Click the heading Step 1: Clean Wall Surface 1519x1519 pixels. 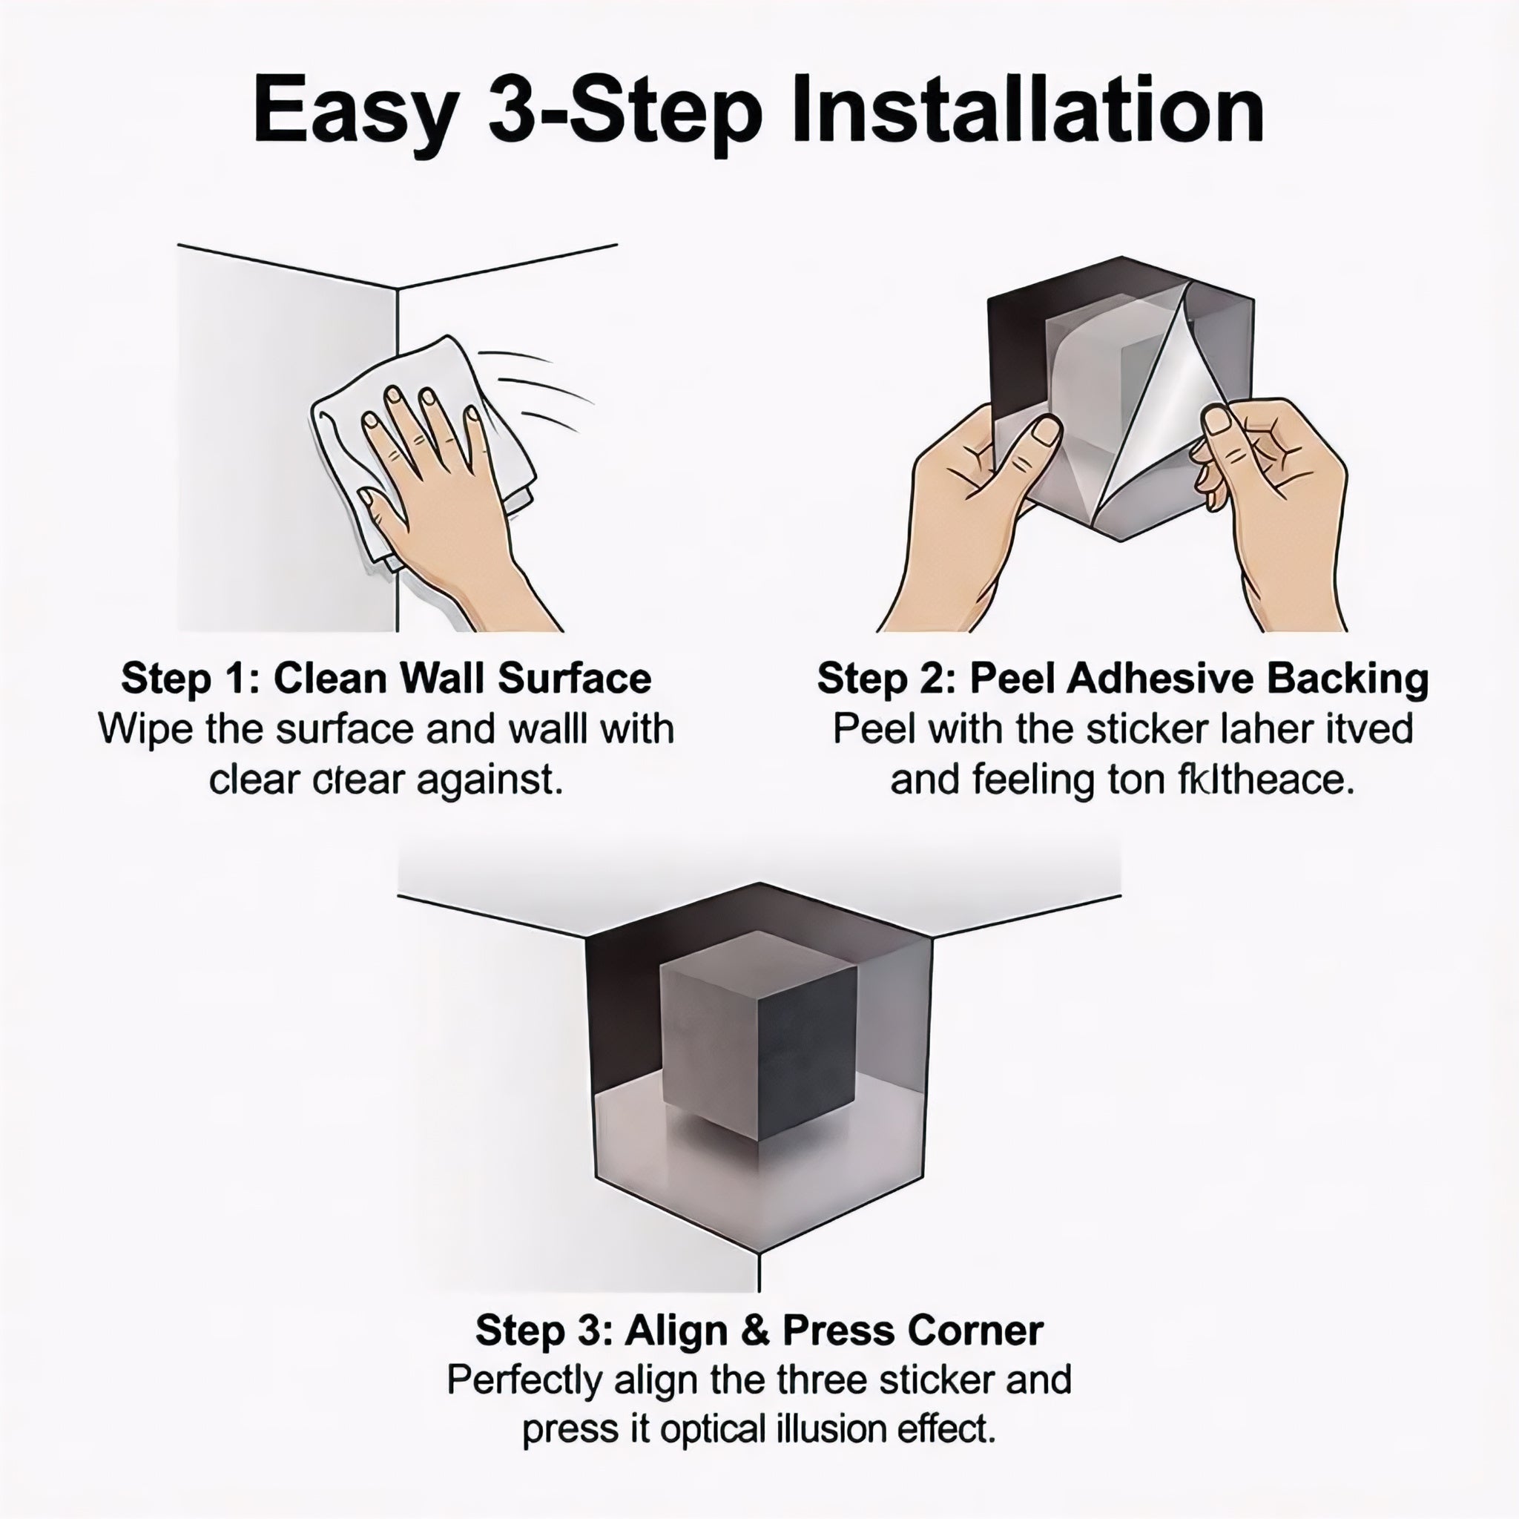(386, 679)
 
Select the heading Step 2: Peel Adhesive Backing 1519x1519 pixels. (1123, 679)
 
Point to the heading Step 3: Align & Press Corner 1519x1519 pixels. (759, 1331)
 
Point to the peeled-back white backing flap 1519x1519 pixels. (1164, 409)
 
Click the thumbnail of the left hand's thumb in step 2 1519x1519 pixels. (1046, 432)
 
